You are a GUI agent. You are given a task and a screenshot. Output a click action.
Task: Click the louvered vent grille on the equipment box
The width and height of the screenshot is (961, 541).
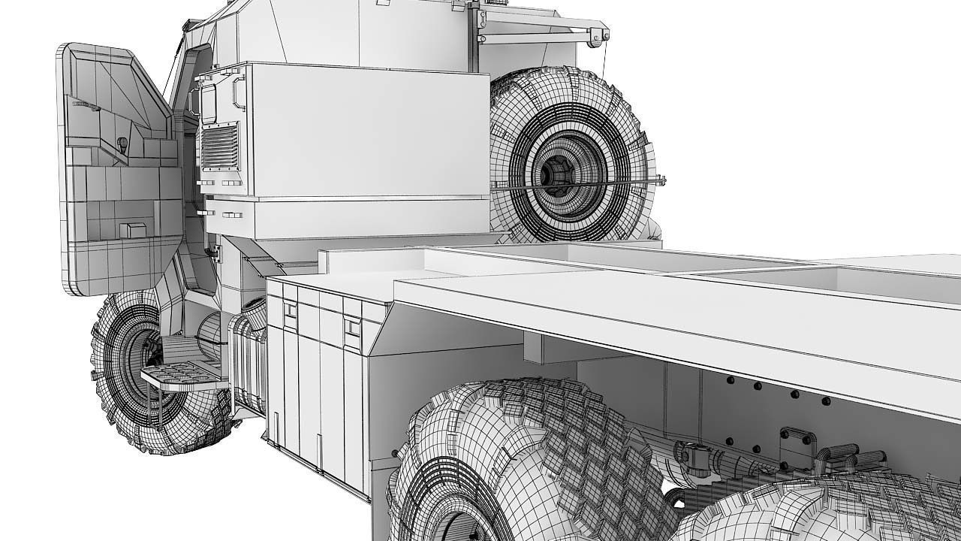coord(219,147)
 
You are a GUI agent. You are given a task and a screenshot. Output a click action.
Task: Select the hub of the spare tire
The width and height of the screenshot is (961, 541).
coord(557,174)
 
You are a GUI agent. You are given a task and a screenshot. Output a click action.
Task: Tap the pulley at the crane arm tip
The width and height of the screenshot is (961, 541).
coord(598,35)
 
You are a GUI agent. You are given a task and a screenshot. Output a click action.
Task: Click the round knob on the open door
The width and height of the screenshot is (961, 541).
coord(122,143)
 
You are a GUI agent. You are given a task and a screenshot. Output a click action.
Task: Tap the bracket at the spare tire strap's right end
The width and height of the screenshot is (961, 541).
coord(660,180)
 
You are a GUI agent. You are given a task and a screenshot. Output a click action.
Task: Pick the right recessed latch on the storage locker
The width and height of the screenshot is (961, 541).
coord(351,328)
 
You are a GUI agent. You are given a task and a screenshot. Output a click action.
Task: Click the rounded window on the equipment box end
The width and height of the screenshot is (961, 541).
coord(208,104)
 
